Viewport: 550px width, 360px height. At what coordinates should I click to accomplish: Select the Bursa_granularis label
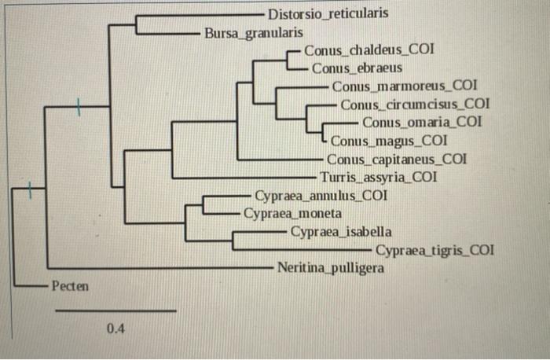[x=253, y=33]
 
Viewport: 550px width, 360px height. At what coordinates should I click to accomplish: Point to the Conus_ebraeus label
[x=357, y=68]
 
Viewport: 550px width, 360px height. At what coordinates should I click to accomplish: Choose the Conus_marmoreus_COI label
[x=404, y=86]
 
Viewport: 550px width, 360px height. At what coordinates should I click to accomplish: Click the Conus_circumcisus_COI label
[x=415, y=104]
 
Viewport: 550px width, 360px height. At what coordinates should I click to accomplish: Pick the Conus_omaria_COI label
[x=422, y=122]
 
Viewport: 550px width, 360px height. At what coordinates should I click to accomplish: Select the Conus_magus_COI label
[x=389, y=141]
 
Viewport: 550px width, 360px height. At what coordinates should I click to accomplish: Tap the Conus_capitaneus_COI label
[x=397, y=160]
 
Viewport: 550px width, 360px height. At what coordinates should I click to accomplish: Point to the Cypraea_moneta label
[x=292, y=213]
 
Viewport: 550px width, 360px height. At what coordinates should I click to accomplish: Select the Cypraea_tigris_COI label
[x=434, y=251]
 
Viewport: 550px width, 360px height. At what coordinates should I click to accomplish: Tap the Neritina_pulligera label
[x=331, y=268]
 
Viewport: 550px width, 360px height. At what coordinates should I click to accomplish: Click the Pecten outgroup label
[x=70, y=285]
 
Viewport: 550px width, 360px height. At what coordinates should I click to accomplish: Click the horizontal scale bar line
[x=115, y=311]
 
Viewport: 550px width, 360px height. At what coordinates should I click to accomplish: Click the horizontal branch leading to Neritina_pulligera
[x=157, y=268]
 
